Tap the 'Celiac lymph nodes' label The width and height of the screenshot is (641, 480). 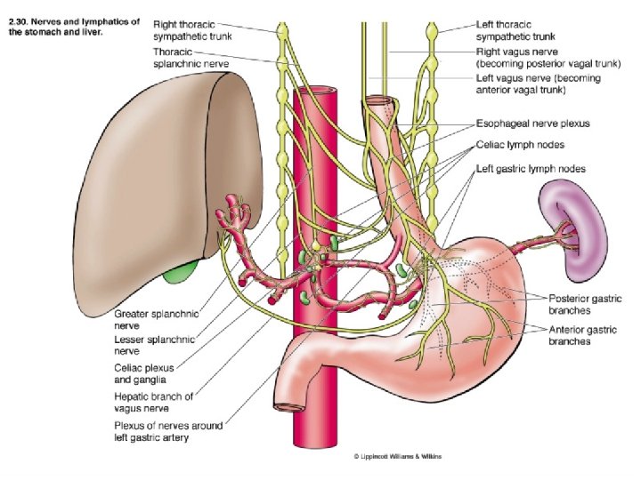519,145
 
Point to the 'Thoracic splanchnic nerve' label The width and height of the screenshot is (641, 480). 191,58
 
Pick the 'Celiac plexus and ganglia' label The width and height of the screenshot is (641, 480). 143,372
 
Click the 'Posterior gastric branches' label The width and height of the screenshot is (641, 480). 586,304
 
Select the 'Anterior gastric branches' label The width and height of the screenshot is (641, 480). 584,335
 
